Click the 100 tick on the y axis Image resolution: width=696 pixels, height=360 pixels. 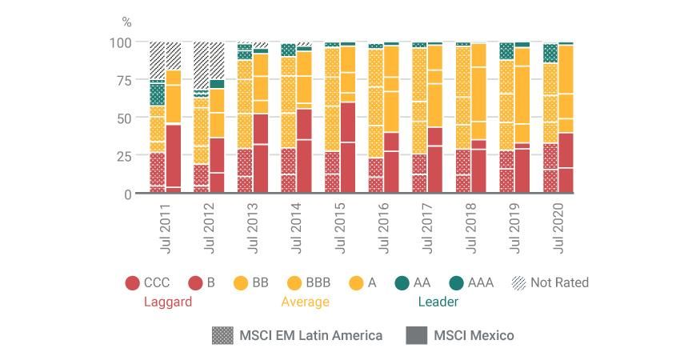click(121, 42)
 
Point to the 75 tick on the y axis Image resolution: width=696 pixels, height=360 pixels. click(124, 80)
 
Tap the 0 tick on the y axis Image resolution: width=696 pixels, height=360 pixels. click(128, 194)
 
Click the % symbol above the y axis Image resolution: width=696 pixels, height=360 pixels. click(126, 22)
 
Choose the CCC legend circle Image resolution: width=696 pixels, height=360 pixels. click(133, 282)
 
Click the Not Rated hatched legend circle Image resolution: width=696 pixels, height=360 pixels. click(518, 282)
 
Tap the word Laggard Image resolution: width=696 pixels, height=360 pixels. click(167, 302)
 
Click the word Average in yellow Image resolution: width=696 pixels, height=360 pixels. click(305, 302)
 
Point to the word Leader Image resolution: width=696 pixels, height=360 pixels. click(438, 302)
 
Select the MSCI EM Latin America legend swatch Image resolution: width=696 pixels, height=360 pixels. click(222, 335)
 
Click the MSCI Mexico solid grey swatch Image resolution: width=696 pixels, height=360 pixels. click(416, 335)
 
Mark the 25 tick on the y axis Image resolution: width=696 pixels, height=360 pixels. click(124, 156)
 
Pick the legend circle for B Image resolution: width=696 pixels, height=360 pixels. click(195, 282)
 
